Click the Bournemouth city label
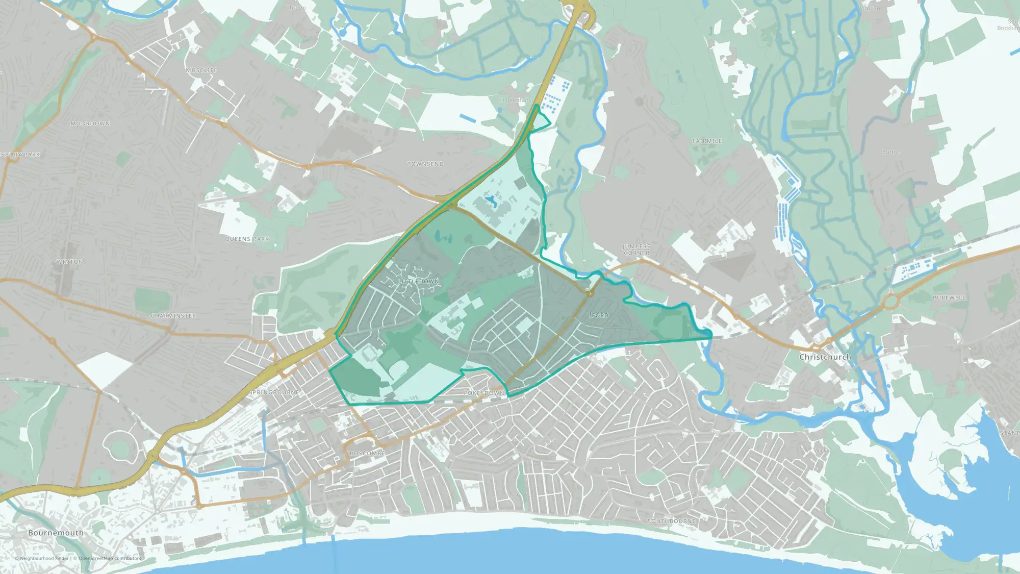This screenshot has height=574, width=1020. click(56, 533)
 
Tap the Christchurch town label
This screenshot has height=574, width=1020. click(825, 357)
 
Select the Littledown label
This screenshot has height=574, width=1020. click(418, 282)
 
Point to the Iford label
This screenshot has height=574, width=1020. click(598, 315)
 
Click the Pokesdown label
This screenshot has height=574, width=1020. click(484, 393)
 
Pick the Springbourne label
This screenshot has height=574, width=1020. click(274, 392)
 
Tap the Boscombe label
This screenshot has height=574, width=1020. click(367, 453)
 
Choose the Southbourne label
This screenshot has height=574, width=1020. click(671, 521)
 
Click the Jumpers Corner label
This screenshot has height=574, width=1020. click(636, 249)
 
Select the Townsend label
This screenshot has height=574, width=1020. click(425, 164)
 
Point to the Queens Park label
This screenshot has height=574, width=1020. click(247, 239)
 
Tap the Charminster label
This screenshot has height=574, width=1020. click(173, 316)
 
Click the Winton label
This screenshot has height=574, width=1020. click(70, 262)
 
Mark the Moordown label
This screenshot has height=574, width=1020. click(90, 123)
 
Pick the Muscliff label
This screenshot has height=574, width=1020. click(201, 70)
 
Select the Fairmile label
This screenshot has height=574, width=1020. click(707, 141)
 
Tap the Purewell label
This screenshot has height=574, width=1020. click(949, 297)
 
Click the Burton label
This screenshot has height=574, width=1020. click(891, 152)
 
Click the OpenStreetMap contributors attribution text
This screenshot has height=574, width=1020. click(110, 558)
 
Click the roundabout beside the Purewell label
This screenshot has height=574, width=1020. click(890, 301)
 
